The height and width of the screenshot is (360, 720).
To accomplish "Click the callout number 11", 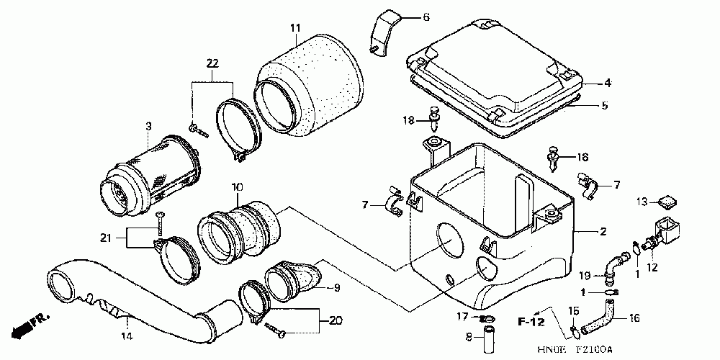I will click(x=295, y=28).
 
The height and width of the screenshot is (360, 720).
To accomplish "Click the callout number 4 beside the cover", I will click(x=607, y=84).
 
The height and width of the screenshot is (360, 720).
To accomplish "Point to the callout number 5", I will click(x=604, y=105).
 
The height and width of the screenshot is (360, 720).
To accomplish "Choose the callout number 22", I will click(x=212, y=64).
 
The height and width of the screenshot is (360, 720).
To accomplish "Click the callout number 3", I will click(x=148, y=127).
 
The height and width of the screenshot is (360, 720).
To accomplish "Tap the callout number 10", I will click(x=236, y=189).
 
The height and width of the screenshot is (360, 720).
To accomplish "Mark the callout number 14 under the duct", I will click(x=125, y=336).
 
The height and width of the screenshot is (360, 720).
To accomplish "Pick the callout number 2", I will click(x=603, y=232).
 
